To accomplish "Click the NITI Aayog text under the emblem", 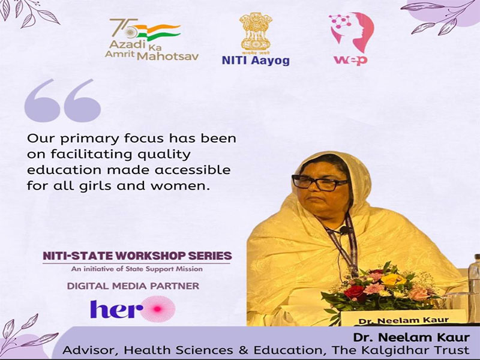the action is [256, 61].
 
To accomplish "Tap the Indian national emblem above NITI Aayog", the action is [256, 32].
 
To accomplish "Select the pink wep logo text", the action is [351, 59].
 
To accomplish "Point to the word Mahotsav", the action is [168, 56].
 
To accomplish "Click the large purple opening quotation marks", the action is [62, 100].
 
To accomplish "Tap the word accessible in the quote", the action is [192, 170].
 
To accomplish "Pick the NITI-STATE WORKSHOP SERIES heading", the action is [137, 256].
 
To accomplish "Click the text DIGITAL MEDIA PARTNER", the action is [133, 286].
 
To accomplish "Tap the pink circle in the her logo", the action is [158, 309].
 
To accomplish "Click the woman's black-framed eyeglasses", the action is [320, 183].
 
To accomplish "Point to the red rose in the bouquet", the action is [355, 292].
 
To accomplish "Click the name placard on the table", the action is [403, 319].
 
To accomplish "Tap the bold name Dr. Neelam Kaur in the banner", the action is [411, 337].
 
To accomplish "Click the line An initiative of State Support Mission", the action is [137, 269].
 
